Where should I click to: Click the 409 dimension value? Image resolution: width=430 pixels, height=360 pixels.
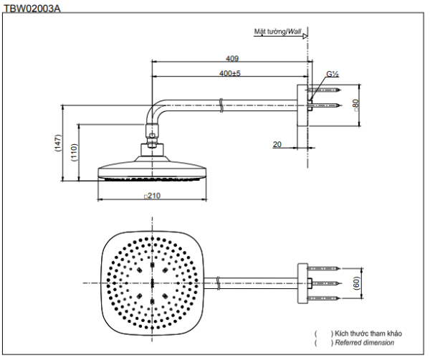pyautogui.click(x=232, y=59)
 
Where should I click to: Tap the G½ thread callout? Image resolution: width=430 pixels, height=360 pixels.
pyautogui.click(x=333, y=73)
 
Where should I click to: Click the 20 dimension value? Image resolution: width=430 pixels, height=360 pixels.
pyautogui.click(x=277, y=144)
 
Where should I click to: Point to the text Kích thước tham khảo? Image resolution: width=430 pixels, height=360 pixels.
pyautogui.click(x=365, y=333)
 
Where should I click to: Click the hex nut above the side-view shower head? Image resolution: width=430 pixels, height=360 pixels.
pyautogui.click(x=152, y=133)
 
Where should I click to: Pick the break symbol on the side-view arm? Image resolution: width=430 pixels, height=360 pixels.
pyautogui.click(x=223, y=109)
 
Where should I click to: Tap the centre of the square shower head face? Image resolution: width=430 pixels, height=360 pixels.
pyautogui.click(x=153, y=283)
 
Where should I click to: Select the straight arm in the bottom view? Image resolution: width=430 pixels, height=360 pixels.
pyautogui.click(x=251, y=283)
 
